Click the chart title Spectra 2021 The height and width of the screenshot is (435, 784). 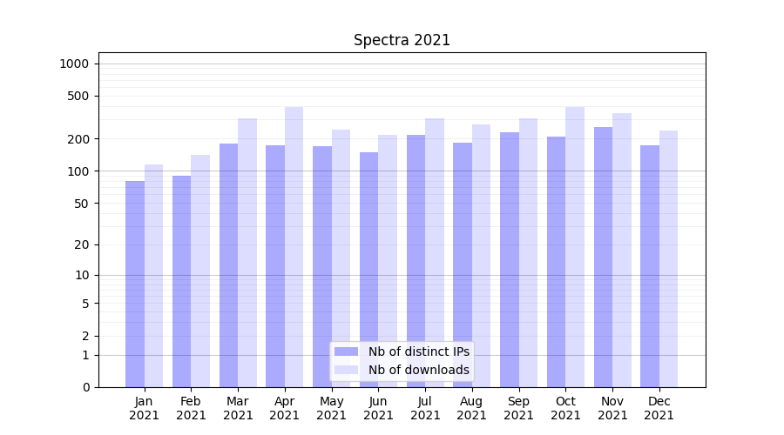point(402,41)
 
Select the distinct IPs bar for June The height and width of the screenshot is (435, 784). point(368,270)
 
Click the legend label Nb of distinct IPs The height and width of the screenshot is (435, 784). point(418,351)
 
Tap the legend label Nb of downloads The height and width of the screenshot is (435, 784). point(418,370)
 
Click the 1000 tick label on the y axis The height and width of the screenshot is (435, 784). point(74,64)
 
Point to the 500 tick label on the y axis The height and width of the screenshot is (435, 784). point(79,96)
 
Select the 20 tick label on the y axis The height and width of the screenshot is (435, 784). point(82,244)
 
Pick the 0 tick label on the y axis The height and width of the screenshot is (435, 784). point(85,387)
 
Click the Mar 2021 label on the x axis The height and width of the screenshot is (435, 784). point(238,408)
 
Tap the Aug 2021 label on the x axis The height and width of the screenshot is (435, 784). point(471,408)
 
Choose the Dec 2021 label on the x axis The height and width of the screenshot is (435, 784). point(659,408)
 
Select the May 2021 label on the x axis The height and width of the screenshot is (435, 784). point(331,408)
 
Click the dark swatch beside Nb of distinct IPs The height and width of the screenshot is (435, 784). point(346,351)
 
